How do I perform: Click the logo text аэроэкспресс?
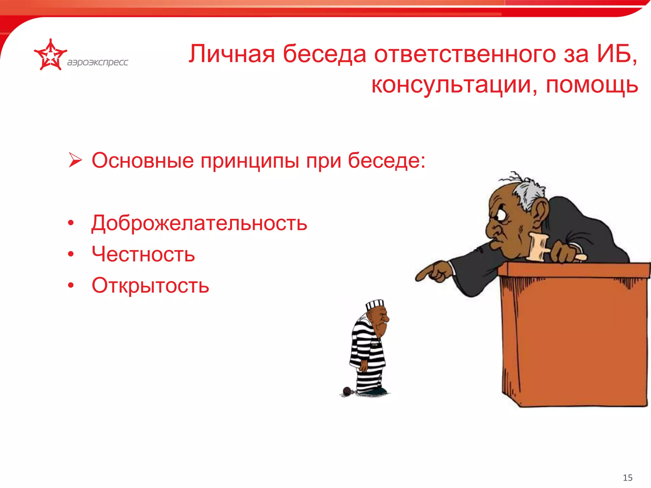[x=97, y=62]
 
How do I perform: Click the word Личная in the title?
[x=231, y=54]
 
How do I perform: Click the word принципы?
[x=250, y=161]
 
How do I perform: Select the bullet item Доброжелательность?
[x=199, y=223]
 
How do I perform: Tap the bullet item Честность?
[x=143, y=254]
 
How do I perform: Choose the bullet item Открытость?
[x=150, y=285]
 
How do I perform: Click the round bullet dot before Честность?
[x=71, y=254]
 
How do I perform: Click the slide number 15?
[x=627, y=478]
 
